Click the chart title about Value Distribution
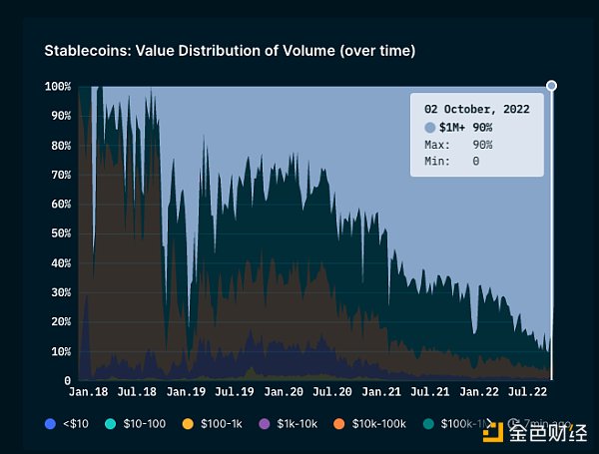point(230,50)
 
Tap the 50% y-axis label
point(60,233)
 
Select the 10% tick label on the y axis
point(60,351)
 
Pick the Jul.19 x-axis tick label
point(235,394)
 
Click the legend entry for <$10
point(67,424)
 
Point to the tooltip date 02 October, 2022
point(476,108)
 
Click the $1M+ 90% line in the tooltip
point(465,128)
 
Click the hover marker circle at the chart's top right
point(551,86)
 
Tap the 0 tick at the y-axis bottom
point(68,380)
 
